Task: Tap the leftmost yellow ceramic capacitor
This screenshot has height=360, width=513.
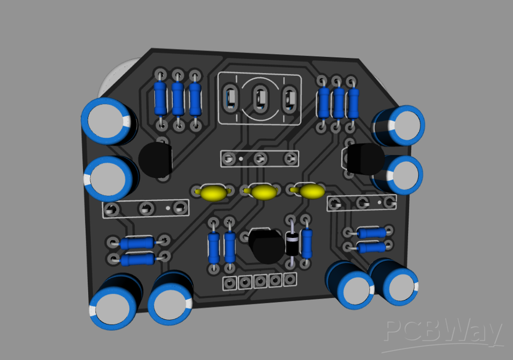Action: pos(213,193)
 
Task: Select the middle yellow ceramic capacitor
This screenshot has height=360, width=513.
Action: pos(263,192)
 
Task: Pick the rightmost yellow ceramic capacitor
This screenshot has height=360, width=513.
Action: pos(311,191)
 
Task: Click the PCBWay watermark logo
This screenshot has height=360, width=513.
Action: pos(443,333)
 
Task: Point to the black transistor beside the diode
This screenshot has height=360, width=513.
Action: pos(267,246)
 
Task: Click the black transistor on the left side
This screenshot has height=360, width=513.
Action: pos(155,160)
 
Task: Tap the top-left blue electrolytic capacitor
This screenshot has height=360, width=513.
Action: pos(109,121)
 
